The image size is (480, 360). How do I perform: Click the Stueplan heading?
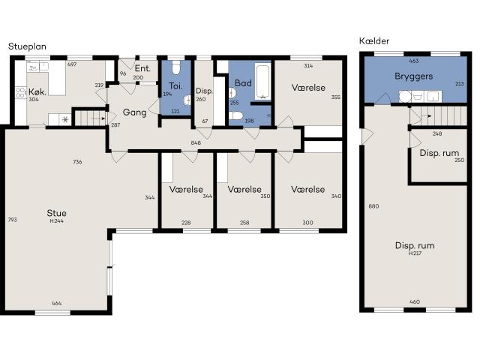tap(27, 46)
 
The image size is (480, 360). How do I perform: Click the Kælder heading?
tap(374, 40)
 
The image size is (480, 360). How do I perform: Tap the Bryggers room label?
tap(414, 76)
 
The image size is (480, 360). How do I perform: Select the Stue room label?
tap(56, 213)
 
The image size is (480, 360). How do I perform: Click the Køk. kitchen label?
tap(38, 93)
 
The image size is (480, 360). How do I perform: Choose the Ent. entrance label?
tap(142, 68)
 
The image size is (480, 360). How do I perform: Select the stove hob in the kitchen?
tap(20, 94)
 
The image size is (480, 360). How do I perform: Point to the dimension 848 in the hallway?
tap(196, 142)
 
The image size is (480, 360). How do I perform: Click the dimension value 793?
tap(11, 220)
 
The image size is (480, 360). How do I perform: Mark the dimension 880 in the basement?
tap(373, 206)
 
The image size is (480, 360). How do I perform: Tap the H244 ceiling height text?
tap(56, 221)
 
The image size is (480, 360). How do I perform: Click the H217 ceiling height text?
tap(415, 253)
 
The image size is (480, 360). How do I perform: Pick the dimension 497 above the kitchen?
tap(72, 65)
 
